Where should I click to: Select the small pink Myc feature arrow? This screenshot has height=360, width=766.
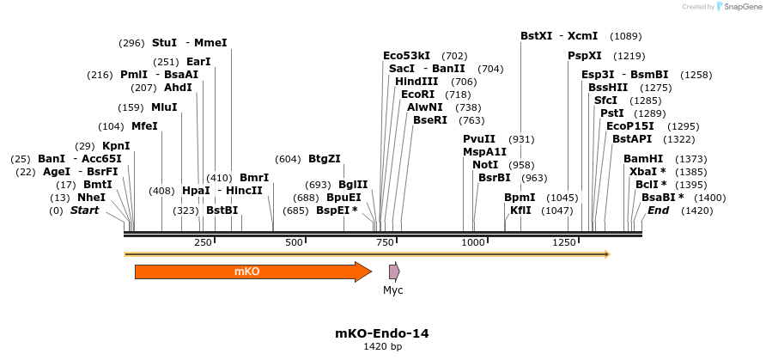(x=394, y=272)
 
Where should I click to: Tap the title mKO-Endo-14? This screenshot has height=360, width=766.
(x=381, y=333)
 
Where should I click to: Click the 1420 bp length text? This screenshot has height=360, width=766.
(x=381, y=347)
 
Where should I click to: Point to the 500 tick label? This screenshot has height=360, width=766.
(x=295, y=243)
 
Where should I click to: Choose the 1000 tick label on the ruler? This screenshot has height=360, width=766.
(x=474, y=243)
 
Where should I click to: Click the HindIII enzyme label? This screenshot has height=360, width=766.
(x=417, y=81)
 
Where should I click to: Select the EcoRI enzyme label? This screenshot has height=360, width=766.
(x=417, y=94)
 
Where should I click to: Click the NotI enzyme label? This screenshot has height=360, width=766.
(x=485, y=164)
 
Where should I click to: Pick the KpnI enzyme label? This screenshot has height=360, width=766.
(x=116, y=145)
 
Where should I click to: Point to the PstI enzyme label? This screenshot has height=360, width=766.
(x=611, y=113)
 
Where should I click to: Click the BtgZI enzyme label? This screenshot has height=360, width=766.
(x=325, y=159)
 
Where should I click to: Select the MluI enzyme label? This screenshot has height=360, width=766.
(x=164, y=107)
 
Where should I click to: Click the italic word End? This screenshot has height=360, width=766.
(x=659, y=211)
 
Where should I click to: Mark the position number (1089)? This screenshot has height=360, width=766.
(x=625, y=36)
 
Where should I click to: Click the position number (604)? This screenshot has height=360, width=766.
(x=288, y=159)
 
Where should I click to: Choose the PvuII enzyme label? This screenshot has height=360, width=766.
(x=478, y=139)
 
